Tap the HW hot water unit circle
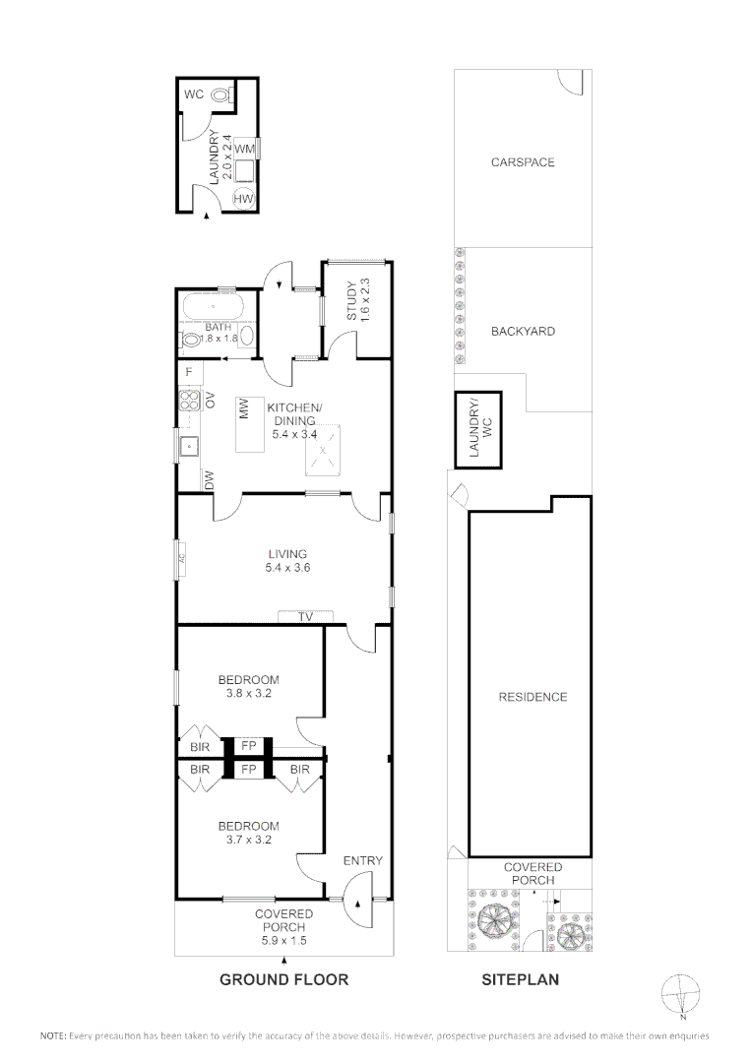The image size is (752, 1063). click(x=242, y=199)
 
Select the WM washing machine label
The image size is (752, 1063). click(x=245, y=148)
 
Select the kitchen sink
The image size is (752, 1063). click(x=188, y=446)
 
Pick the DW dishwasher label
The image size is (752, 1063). click(x=209, y=479)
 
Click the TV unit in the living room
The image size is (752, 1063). click(x=305, y=616)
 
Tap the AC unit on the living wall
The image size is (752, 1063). click(x=181, y=559)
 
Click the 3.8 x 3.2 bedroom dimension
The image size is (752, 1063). click(x=248, y=693)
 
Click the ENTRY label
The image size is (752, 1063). click(x=362, y=860)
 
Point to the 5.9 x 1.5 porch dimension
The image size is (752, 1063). click(x=283, y=940)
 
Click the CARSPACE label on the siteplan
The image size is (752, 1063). click(x=523, y=162)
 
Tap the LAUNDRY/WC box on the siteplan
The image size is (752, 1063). click(x=477, y=430)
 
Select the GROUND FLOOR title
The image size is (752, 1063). click(x=283, y=979)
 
